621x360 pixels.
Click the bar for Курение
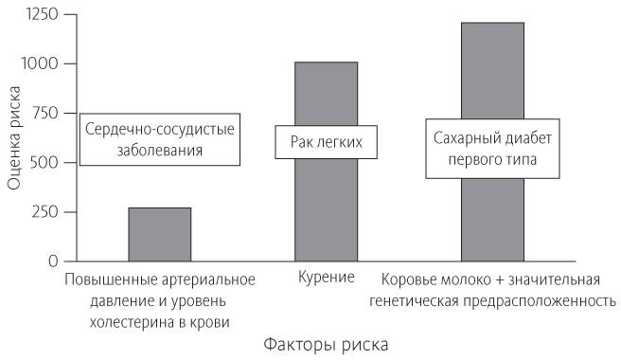click(x=327, y=208)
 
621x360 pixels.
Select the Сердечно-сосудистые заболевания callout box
click(x=158, y=138)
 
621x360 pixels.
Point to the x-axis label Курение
click(x=326, y=279)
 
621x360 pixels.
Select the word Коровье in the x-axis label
click(x=411, y=279)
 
